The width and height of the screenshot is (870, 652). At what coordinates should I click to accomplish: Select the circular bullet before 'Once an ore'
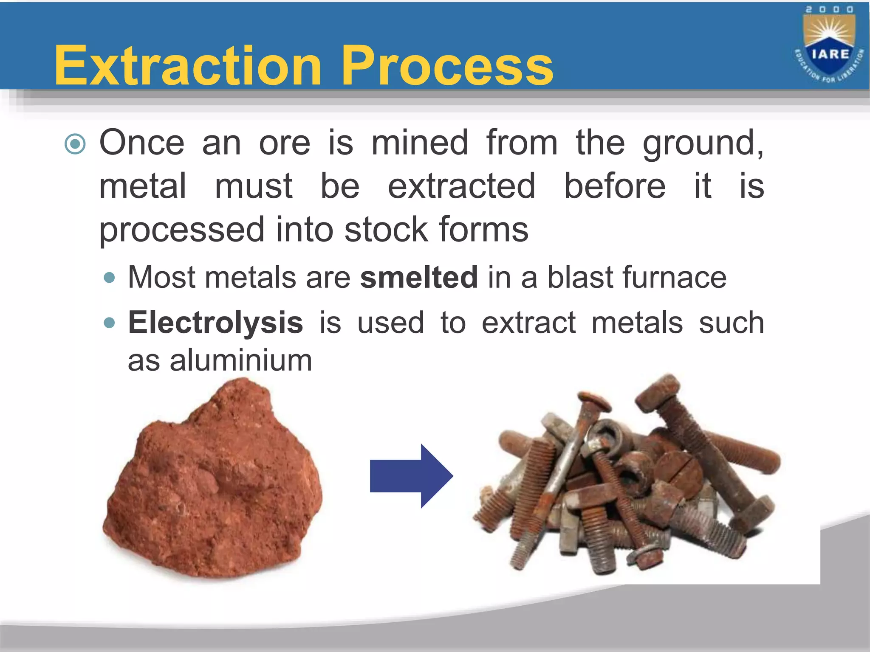[x=75, y=144]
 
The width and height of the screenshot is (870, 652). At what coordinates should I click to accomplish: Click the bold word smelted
[x=419, y=277]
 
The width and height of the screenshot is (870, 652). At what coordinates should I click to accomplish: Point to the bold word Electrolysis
[x=215, y=323]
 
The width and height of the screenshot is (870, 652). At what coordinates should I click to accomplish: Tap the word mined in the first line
[x=420, y=143]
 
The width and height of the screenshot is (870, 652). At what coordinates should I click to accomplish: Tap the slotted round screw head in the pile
[x=679, y=471]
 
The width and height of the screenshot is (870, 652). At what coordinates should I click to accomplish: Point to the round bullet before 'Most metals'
[x=109, y=278]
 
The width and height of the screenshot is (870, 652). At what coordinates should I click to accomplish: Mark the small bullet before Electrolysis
[x=109, y=323]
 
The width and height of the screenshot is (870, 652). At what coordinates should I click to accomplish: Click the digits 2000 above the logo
[x=829, y=9]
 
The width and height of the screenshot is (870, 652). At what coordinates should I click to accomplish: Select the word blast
[x=580, y=277]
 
